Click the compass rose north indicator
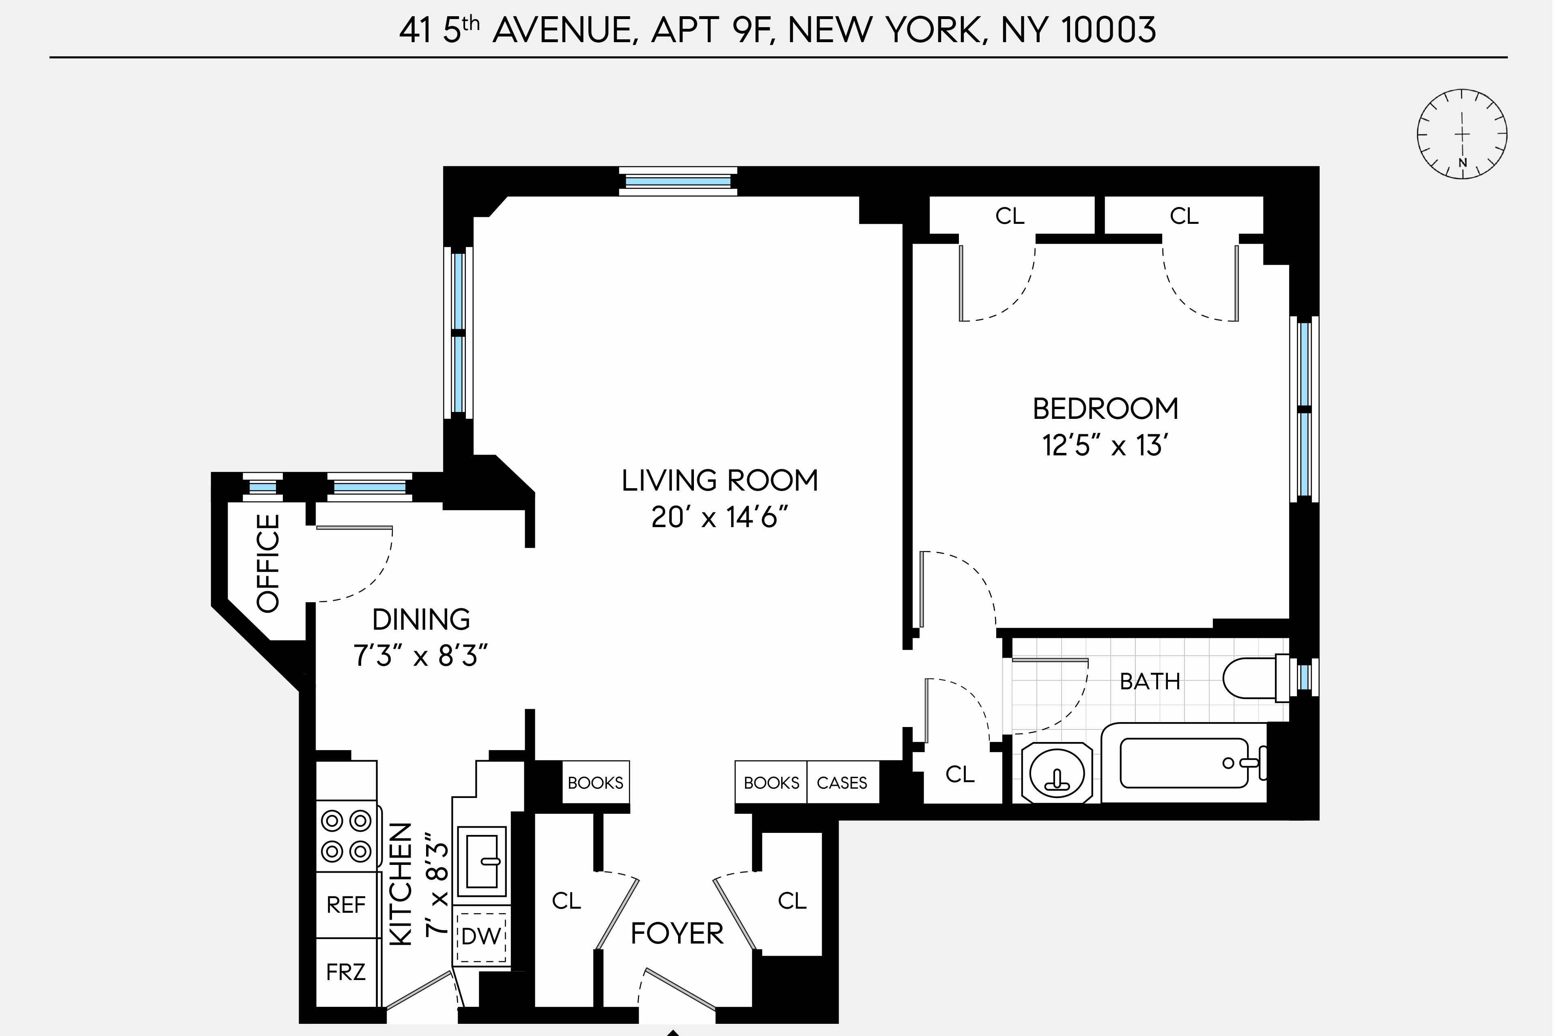tap(1462, 162)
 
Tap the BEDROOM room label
tap(1105, 409)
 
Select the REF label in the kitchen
tap(346, 905)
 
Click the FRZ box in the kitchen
tap(346, 972)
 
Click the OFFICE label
tap(268, 564)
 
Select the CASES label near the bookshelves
tap(842, 783)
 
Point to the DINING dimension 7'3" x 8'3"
tap(421, 657)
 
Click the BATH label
tap(1150, 681)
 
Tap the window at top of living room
tap(678, 181)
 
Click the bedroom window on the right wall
tap(1304, 410)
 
